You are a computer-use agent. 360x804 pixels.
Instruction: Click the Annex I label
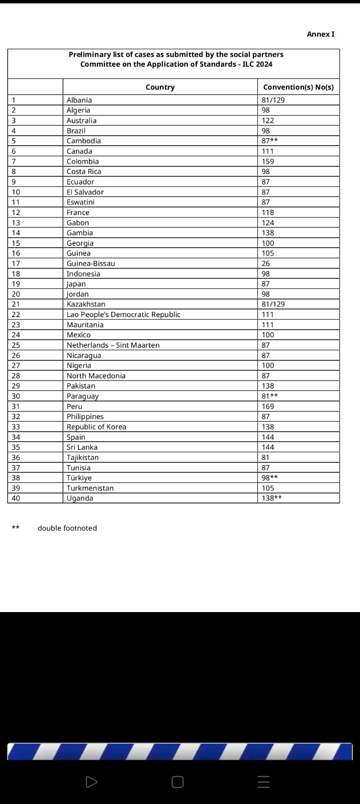point(320,34)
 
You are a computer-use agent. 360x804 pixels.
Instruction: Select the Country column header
point(160,87)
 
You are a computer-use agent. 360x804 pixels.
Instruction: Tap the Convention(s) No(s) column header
point(298,87)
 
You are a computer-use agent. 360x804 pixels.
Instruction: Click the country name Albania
point(79,100)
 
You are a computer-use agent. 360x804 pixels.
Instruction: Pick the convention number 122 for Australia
point(268,121)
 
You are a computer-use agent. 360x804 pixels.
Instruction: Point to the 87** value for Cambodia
point(269,141)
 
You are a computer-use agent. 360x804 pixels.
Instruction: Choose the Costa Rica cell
point(84,171)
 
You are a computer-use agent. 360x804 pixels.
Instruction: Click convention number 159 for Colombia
point(268,161)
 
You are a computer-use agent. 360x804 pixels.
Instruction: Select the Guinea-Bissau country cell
point(91,263)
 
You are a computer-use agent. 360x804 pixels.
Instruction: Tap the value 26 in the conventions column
point(265,263)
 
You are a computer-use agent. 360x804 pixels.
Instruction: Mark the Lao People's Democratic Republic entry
point(124,315)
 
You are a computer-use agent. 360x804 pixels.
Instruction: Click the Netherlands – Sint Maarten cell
point(113,345)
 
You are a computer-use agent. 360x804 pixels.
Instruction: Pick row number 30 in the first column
point(16,396)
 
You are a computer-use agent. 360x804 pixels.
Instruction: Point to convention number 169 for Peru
point(268,407)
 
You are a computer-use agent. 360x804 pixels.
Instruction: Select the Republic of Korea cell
point(97,427)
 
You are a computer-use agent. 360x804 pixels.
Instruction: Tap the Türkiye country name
point(79,478)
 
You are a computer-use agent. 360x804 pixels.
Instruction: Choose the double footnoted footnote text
point(67,528)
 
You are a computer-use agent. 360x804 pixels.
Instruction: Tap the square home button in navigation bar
point(177,782)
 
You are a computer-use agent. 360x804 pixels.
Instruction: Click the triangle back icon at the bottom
point(92,782)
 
